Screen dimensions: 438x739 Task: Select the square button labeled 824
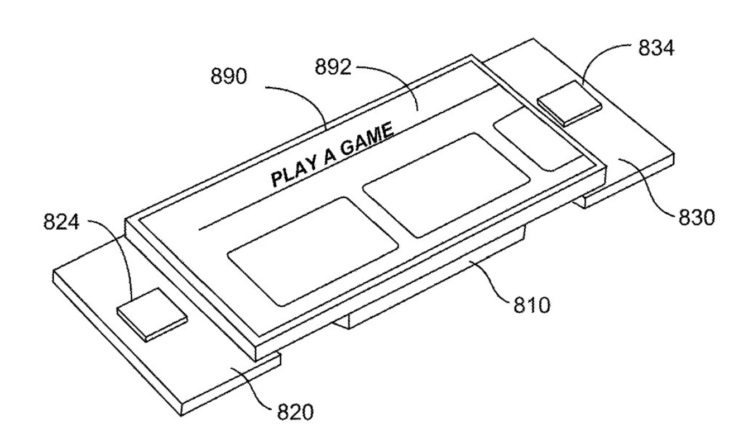point(151,314)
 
